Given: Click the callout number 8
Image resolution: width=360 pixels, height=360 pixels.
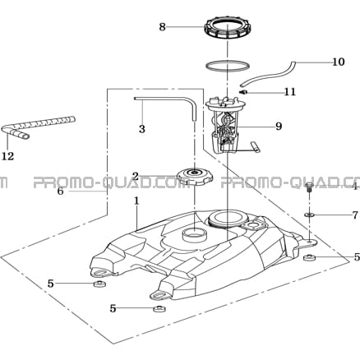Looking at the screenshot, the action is [163, 27].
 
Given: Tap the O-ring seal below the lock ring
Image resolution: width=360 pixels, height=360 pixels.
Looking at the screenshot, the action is [228, 66].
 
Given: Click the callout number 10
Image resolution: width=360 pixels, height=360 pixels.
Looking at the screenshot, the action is [339, 62].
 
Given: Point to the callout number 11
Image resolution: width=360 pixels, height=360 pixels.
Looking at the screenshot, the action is [290, 92].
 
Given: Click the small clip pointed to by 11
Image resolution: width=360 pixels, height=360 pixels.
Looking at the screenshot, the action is [242, 92].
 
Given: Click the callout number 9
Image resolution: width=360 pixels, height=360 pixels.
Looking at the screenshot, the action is [279, 127].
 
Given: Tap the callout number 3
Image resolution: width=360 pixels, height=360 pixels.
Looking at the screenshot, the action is [142, 129].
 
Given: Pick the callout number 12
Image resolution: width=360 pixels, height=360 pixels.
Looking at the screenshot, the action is [8, 156].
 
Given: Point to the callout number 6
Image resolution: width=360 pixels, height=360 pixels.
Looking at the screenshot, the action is [60, 191].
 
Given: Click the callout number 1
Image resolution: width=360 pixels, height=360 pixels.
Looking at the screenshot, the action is [136, 201].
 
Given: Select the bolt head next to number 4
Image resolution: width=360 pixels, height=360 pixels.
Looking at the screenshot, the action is [309, 185].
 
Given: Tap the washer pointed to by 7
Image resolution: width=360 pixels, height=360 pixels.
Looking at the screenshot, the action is [310, 215].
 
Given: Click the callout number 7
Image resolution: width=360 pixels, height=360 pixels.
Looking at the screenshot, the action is [355, 215].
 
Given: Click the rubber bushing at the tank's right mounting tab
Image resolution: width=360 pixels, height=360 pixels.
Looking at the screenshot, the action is [309, 257].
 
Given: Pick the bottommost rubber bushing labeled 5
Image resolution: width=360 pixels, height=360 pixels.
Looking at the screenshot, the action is [159, 309].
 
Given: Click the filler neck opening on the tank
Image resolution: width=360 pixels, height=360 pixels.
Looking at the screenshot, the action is [193, 235].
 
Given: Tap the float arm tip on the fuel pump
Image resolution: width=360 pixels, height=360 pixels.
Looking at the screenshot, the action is [256, 146].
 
